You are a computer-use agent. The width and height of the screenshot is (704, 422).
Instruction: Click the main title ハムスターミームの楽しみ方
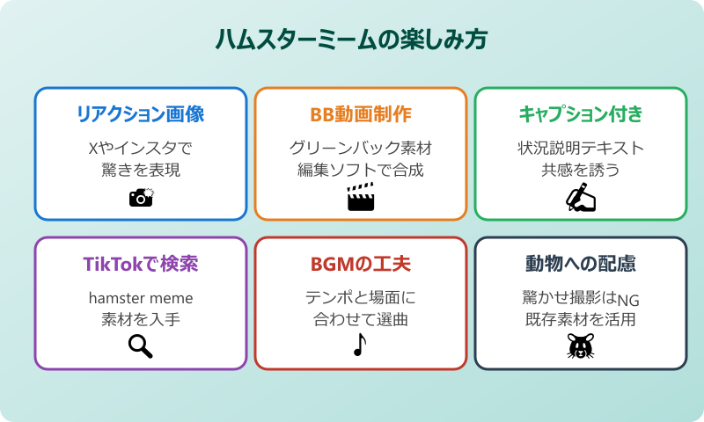pos(352,40)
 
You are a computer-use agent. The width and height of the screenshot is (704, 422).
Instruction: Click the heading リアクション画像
pos(141,114)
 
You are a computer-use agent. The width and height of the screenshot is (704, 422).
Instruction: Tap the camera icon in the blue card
pos(141,197)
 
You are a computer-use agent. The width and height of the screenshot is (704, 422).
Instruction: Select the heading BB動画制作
pos(361,114)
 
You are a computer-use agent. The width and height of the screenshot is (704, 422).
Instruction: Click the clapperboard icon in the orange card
pos(361,198)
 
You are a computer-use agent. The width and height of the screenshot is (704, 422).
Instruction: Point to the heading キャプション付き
pos(581,114)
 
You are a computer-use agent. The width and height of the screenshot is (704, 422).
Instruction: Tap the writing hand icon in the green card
pos(581,197)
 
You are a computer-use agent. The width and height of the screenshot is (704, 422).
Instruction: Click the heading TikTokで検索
pos(141,264)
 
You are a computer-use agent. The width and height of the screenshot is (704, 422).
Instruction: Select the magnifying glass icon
pos(141,347)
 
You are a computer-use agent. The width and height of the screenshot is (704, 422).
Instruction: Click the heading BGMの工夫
pos(361,264)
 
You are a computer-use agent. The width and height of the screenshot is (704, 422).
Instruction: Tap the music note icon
pos(359,346)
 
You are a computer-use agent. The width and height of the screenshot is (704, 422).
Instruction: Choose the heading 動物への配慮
pos(581,264)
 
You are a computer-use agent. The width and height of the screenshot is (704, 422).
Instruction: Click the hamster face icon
pos(581,347)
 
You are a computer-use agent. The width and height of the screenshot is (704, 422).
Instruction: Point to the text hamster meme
pos(141,298)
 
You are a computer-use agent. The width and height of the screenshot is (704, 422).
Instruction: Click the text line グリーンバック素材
pos(361,148)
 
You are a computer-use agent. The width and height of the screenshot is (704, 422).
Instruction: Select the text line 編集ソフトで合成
pos(361,170)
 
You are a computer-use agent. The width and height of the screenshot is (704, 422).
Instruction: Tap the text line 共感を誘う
pos(581,170)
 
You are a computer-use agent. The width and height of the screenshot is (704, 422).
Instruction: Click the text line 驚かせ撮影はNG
pos(581,298)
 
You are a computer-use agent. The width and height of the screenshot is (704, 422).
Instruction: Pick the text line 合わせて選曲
pos(361,320)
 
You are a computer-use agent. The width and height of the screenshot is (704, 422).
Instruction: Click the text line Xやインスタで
pos(141,148)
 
